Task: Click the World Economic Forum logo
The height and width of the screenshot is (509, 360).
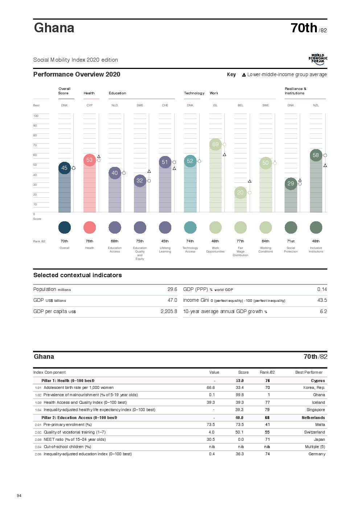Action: pos(318,59)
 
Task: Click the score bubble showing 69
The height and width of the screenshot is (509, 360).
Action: pos(216,144)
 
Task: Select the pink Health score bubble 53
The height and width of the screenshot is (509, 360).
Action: pos(90,160)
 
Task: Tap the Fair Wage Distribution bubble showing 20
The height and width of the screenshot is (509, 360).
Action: pos(240,193)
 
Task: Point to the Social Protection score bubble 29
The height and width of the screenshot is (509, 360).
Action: pos(291,184)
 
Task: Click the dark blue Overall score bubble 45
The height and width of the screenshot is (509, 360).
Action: pos(64,168)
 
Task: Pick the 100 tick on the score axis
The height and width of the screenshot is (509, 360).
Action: pos(36,116)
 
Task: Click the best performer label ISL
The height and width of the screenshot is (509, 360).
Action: pos(215,106)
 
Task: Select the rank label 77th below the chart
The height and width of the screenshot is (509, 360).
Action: pos(240,241)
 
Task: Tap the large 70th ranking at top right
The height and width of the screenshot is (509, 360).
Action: pos(304,28)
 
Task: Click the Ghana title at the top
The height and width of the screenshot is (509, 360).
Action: pos(54,28)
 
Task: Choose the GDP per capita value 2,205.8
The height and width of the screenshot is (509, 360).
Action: pos(169,312)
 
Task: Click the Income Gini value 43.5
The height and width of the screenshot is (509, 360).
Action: pos(322,300)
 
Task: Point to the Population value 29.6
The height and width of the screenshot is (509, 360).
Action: pos(172,290)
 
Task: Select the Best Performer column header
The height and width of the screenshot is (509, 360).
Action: pos(309,373)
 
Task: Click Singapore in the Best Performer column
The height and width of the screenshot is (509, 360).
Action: pos(316,410)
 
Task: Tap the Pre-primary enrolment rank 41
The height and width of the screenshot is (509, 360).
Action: pos(267,425)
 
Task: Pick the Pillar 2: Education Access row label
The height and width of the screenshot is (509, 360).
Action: pos(79,418)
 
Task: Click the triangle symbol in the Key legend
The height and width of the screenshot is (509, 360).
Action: pos(244,75)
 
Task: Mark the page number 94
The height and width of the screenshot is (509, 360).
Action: pos(19,496)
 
